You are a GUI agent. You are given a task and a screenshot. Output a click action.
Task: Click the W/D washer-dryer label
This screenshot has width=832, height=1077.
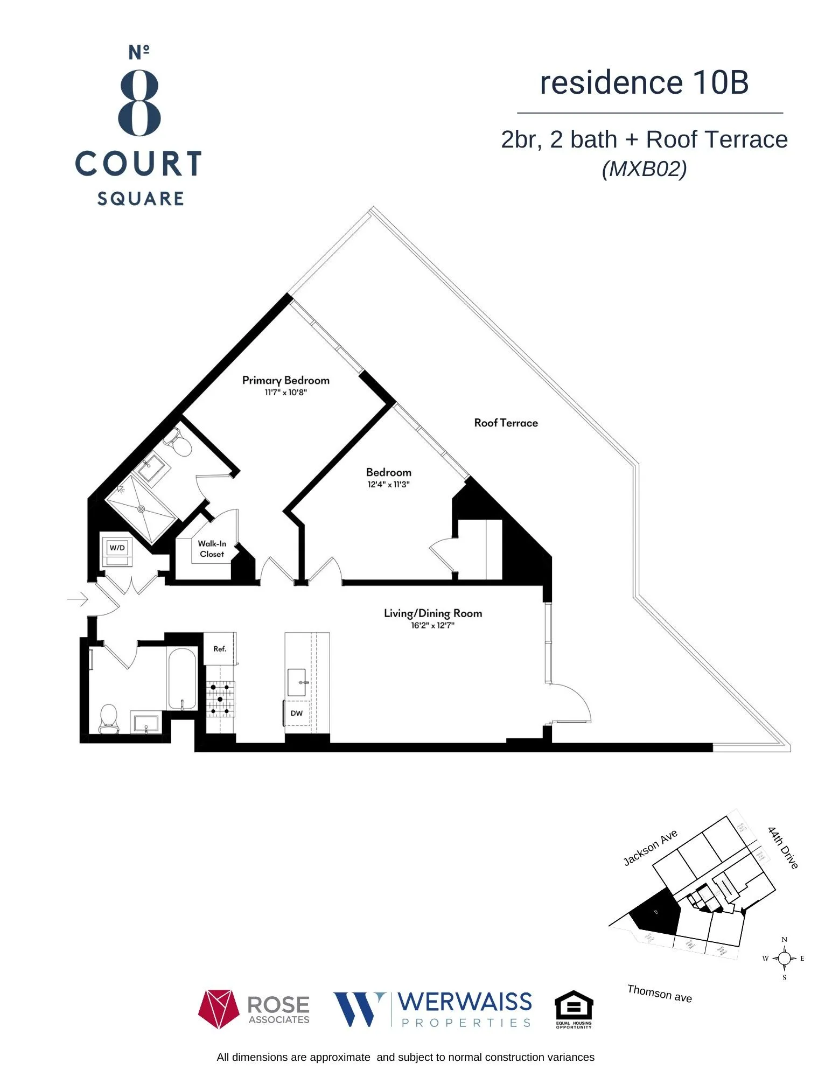pos(117,548)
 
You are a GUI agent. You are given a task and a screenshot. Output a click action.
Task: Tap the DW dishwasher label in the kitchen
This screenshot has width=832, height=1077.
pos(297,713)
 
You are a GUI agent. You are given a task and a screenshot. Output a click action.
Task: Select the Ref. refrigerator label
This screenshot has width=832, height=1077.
pos(220,648)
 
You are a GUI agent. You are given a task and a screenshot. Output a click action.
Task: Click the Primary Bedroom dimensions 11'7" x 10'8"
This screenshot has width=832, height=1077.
pos(285,393)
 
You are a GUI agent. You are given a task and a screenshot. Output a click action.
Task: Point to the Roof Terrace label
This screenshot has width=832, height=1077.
pos(506,423)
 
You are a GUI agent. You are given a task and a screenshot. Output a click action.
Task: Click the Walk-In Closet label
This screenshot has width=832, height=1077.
pos(212,549)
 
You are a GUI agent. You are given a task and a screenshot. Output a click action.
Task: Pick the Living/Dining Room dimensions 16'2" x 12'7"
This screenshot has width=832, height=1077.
pos(432,625)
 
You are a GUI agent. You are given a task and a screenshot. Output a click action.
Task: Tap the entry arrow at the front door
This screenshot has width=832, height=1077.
pos(78,598)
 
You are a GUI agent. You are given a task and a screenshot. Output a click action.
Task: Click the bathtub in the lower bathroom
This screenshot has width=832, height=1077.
pos(182,679)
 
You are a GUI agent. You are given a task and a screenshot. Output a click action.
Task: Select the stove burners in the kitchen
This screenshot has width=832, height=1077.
pos(220,699)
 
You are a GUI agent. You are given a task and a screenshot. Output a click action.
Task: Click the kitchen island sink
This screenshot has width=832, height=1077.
pos(297,682)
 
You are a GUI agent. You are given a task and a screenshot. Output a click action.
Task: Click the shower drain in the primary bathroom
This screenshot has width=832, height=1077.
pos(142,508)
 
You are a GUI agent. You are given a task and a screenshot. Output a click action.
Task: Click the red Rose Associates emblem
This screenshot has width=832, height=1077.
pos(218,1009)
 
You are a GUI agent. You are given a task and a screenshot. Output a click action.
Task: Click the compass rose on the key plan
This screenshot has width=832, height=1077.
pos(784,958)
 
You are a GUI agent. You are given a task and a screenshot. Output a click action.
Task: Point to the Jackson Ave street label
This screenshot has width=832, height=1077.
pos(650,848)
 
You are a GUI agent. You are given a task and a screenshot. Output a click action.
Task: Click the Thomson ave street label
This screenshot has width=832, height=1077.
pos(659,993)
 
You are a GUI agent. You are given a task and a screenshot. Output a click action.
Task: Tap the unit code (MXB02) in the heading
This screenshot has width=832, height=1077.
pos(644,169)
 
